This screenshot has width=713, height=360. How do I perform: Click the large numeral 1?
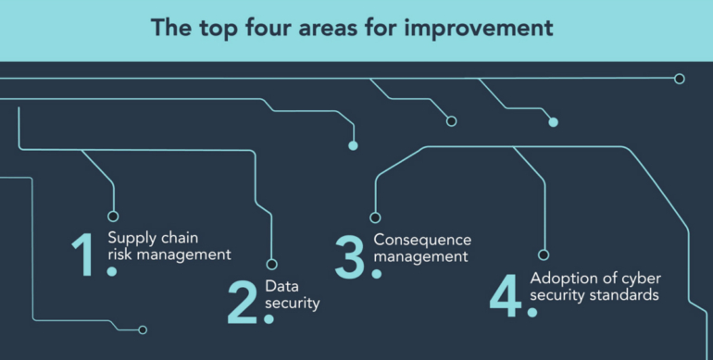(83, 254)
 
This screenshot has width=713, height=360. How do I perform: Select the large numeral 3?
(350, 256)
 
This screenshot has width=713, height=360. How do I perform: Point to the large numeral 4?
(507, 294)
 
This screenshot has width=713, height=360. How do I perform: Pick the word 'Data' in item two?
(281, 285)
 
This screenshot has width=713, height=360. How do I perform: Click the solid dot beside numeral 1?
(111, 271)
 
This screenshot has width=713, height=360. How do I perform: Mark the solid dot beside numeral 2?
(269, 318)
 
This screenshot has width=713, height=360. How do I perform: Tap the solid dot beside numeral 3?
(376, 274)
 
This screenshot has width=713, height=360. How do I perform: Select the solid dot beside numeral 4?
(532, 312)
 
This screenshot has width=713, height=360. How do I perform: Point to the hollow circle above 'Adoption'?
(544, 254)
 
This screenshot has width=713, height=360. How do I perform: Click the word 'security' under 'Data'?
(292, 302)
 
